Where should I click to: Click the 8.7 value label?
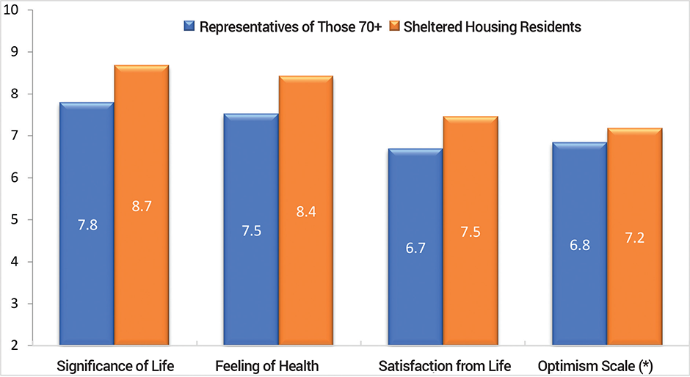coord(141,208)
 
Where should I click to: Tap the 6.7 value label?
coord(415,249)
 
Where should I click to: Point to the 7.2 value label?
coord(635,238)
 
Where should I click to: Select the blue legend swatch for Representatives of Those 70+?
coord(189,27)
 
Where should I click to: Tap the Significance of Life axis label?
coord(115,365)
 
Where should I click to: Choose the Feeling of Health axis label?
coord(261,365)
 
